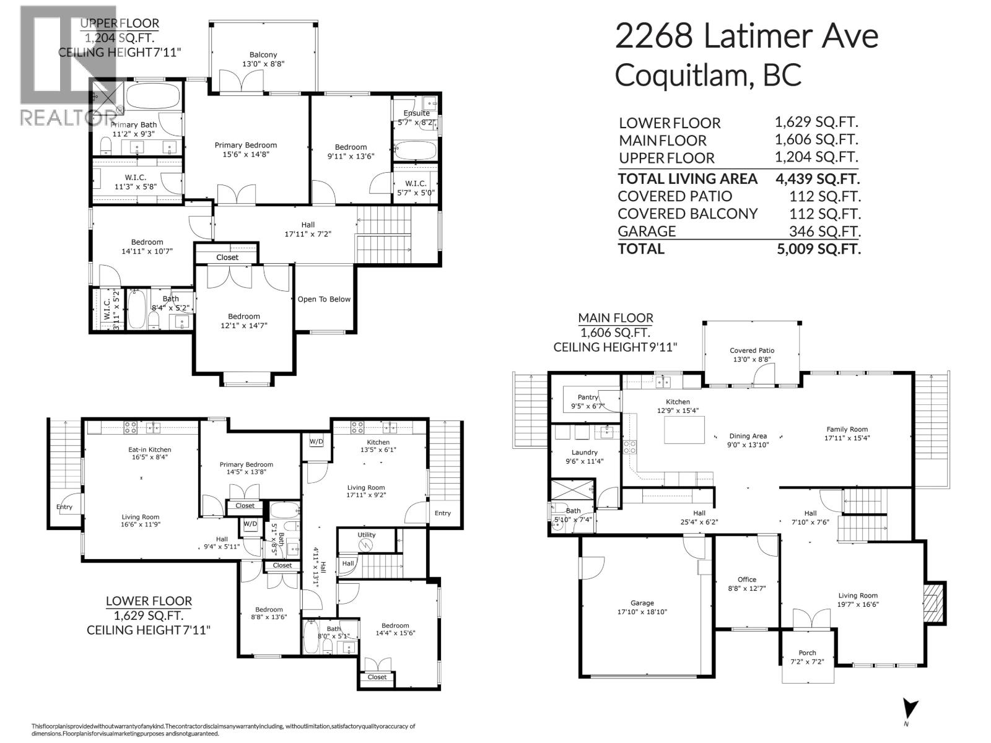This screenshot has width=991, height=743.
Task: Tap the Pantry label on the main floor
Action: pyautogui.click(x=588, y=397)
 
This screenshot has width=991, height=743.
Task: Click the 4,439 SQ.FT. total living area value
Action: pyautogui.click(x=817, y=179)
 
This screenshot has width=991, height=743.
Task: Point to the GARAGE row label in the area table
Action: pyautogui.click(x=647, y=231)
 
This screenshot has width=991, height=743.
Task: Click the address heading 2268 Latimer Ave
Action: pyautogui.click(x=746, y=37)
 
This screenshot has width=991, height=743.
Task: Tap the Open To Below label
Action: pyautogui.click(x=324, y=299)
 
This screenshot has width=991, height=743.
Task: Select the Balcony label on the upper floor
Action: pyautogui.click(x=263, y=54)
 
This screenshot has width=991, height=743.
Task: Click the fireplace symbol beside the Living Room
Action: pyautogui.click(x=932, y=604)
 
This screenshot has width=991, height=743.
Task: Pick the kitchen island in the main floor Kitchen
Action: pyautogui.click(x=684, y=430)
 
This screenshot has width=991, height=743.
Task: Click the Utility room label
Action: pyautogui.click(x=366, y=534)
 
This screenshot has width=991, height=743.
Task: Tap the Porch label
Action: pyautogui.click(x=807, y=653)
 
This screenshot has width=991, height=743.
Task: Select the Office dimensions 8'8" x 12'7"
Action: pyautogui.click(x=746, y=588)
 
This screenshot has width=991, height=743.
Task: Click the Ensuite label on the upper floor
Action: pyautogui.click(x=416, y=113)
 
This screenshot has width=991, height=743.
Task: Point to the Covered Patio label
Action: pyautogui.click(x=752, y=350)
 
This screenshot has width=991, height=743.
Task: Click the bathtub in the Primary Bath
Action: pyautogui.click(x=152, y=97)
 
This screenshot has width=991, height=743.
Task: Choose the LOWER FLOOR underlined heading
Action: pyautogui.click(x=149, y=601)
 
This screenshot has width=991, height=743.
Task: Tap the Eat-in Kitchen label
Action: pyautogui.click(x=146, y=450)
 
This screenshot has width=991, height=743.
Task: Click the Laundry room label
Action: pyautogui.click(x=585, y=452)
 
